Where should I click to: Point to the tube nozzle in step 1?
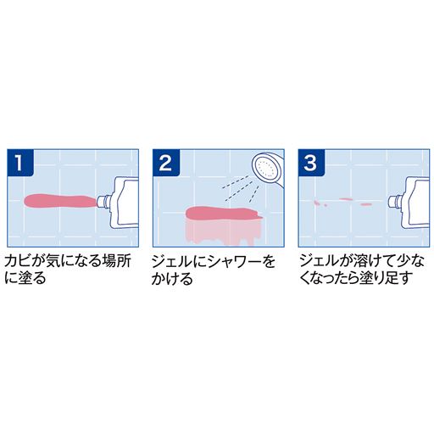point(105,201)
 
